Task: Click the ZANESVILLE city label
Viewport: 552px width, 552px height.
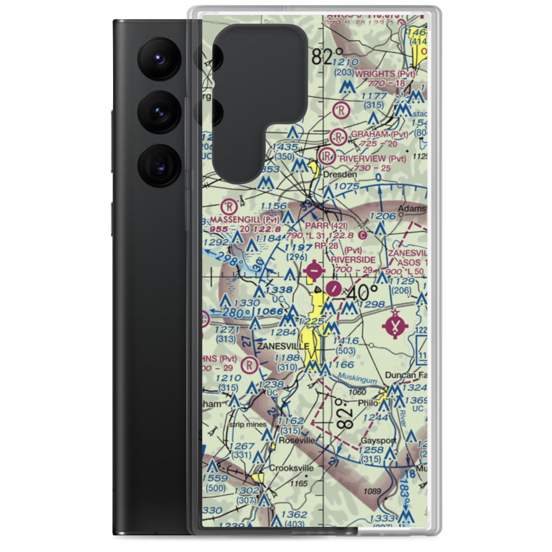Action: tap(283, 346)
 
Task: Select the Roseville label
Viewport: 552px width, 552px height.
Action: tap(297, 440)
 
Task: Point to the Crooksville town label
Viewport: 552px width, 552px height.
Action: tap(291, 468)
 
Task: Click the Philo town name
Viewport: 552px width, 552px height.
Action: tap(368, 403)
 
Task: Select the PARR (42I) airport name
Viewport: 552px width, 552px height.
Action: tap(326, 226)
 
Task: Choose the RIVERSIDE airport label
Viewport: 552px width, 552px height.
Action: tap(353, 259)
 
